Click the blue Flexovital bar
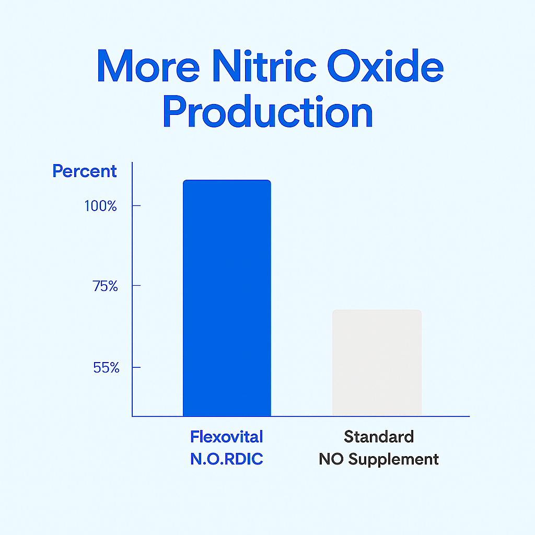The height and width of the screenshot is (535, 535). [227, 298]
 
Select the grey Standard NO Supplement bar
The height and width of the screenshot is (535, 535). [377, 363]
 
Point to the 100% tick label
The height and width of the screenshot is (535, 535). [101, 206]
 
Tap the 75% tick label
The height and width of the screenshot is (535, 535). [105, 286]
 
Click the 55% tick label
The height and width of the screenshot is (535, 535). [106, 367]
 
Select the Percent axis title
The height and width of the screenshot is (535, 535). [85, 171]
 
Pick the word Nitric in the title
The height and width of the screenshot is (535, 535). [264, 65]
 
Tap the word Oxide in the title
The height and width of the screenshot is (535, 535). [386, 65]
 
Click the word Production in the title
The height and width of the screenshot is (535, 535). [268, 111]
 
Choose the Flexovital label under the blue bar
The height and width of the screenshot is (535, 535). [227, 437]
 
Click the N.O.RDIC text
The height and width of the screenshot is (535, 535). [227, 459]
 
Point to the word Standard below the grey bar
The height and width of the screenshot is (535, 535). [379, 437]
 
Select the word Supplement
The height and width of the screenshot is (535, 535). [393, 459]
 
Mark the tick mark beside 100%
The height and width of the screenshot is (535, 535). [136, 205]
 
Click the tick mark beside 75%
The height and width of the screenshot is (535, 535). [136, 285]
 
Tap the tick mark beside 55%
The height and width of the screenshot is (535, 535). [136, 367]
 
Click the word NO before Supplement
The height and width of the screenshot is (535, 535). [331, 459]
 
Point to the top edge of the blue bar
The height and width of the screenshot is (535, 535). [227, 180]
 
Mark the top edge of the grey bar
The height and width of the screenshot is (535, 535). [377, 310]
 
